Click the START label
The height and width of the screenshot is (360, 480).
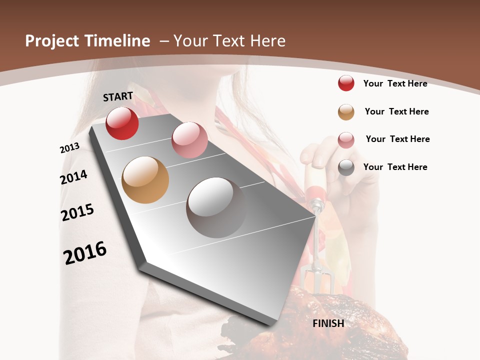point(118,96)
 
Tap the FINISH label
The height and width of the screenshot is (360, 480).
point(328,323)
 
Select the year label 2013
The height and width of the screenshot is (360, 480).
point(69,148)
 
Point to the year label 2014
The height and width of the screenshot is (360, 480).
point(73,177)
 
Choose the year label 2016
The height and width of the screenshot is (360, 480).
point(85,253)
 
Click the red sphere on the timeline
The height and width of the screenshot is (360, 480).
point(122,123)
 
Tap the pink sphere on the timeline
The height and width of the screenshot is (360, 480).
point(189,140)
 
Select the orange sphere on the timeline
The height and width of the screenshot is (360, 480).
point(145,180)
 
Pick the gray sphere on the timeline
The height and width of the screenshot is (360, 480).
point(216,207)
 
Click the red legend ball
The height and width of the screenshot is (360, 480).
point(346,83)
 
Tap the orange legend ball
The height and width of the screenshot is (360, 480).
point(346,111)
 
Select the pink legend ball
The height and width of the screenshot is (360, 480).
point(346,139)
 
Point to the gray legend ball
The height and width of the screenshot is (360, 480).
point(346,167)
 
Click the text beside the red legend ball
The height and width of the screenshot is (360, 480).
point(395,83)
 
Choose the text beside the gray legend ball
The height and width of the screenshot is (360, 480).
point(395,167)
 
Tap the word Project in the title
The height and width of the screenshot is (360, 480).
point(52,41)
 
